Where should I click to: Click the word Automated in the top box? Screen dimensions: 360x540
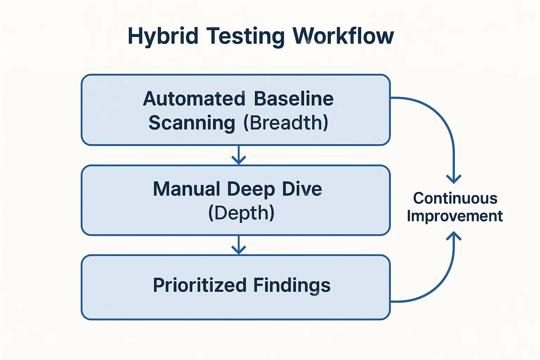[194, 99]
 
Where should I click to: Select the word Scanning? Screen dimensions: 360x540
[192, 123]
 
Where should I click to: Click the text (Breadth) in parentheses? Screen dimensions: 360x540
[286, 123]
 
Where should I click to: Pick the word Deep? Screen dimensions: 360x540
[251, 189]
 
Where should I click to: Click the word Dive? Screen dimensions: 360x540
[302, 189]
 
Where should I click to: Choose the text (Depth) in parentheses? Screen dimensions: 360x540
[241, 213]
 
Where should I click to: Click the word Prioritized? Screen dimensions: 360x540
[199, 285]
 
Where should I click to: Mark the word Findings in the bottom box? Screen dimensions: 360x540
[292, 285]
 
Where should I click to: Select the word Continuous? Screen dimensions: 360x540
[455, 198]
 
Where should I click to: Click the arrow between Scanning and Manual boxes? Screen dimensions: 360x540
[239, 155]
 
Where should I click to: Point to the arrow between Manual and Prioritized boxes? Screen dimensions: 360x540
[239, 245]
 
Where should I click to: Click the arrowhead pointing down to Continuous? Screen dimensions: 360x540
[454, 178]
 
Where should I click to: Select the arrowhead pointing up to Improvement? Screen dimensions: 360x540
[454, 236]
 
